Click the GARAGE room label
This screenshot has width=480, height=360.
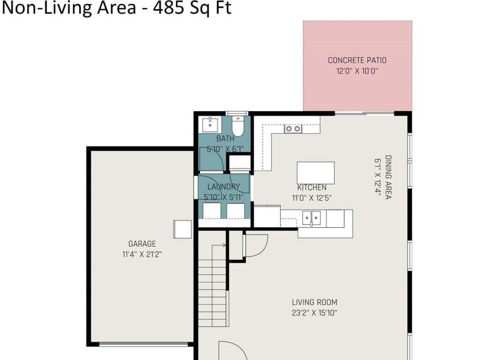[x=142, y=244]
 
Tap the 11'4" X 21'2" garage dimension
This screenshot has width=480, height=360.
[x=142, y=255]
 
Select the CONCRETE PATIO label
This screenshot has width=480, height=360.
[x=357, y=60]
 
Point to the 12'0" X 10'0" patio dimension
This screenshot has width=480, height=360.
[x=357, y=71]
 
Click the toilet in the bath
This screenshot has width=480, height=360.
[x=237, y=126]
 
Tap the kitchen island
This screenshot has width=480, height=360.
[x=315, y=173]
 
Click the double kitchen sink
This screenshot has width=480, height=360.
[x=311, y=218]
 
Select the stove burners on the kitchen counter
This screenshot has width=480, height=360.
[x=293, y=129]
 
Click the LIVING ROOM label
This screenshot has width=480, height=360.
[x=314, y=302]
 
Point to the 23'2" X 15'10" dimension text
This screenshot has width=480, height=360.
[x=314, y=313]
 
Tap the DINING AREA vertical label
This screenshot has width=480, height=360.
[x=388, y=177]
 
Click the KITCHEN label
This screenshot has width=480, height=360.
[x=311, y=187]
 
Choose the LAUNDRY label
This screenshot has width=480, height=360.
[x=224, y=187]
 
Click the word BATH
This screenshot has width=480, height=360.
[x=225, y=138]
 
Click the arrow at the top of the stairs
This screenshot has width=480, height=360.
[x=219, y=245]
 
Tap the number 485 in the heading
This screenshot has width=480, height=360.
[x=168, y=7]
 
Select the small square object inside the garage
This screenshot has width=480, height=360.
[x=182, y=230]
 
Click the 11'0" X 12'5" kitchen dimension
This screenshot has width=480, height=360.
[x=311, y=198]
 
